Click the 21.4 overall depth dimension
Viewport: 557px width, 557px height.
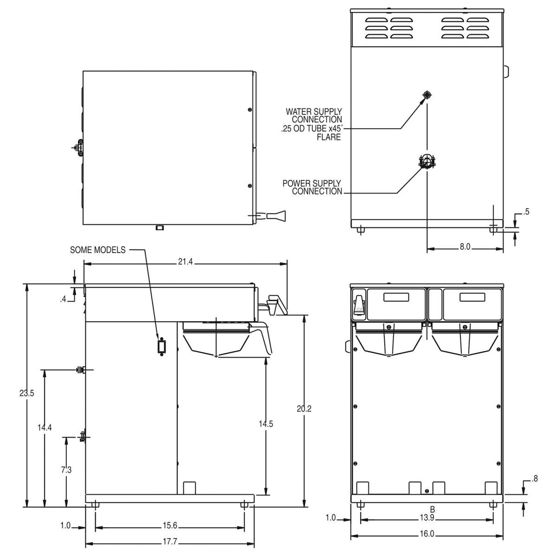185,262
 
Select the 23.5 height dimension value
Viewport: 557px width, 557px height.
26,393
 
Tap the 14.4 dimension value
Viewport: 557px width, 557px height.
45,427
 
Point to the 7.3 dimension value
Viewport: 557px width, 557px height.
66,470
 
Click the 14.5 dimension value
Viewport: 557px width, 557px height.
266,423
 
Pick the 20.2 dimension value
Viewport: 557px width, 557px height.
304,408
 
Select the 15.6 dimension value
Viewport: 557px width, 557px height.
170,525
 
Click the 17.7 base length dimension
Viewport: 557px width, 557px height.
170,541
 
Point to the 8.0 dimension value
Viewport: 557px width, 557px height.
465,247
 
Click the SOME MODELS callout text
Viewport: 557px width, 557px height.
97,250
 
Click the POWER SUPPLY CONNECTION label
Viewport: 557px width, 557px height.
312,187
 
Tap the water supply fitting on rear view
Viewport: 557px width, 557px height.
427,95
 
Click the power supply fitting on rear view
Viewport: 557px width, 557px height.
427,162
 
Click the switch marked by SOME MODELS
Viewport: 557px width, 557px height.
161,347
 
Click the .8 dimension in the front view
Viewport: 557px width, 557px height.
535,479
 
